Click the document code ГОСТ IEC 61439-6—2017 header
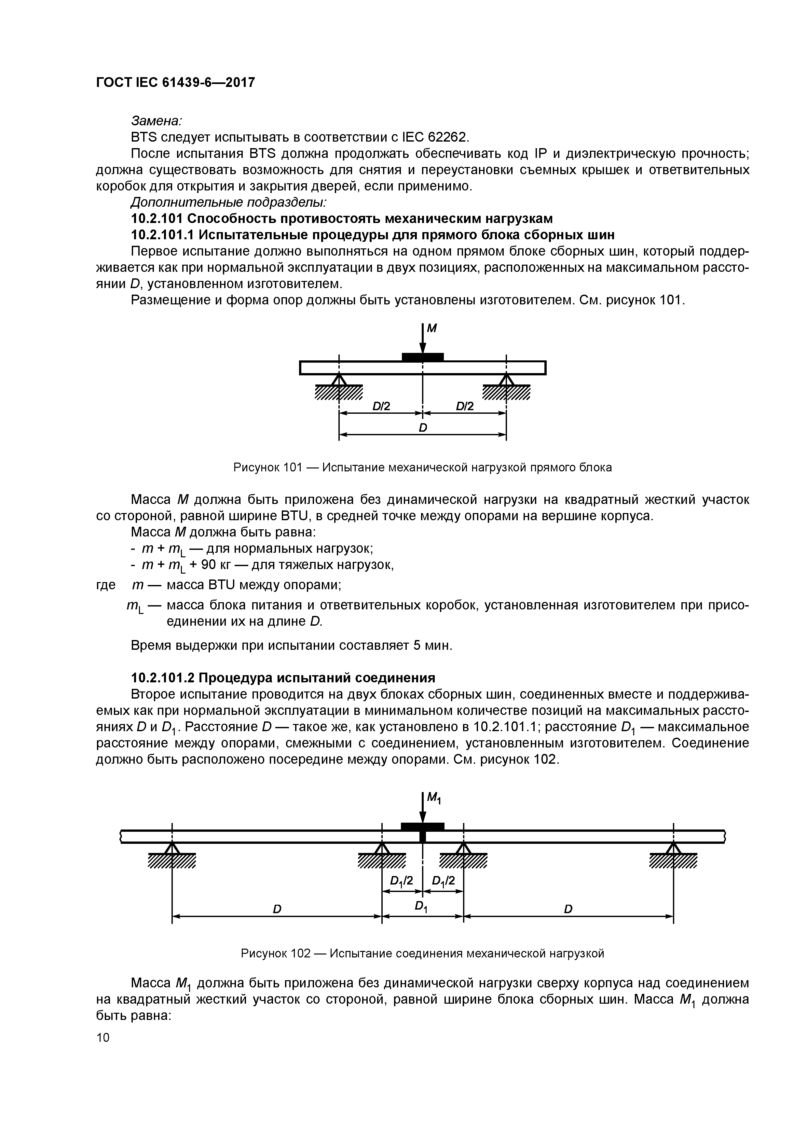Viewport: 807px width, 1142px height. (175, 82)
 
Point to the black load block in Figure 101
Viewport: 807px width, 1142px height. (423, 356)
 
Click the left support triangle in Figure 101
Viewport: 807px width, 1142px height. (339, 380)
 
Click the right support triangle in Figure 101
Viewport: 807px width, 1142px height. (506, 380)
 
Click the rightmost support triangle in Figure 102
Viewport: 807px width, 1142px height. (673, 847)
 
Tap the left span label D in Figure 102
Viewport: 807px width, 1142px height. (277, 909)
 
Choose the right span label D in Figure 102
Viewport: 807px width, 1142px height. (568, 909)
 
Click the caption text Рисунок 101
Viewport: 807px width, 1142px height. (267, 467)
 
